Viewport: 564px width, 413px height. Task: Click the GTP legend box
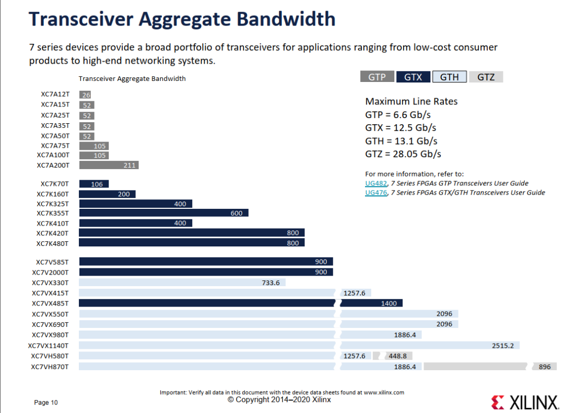click(x=377, y=77)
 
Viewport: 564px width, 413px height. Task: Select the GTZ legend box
click(x=486, y=77)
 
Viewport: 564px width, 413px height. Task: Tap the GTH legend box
click(x=449, y=77)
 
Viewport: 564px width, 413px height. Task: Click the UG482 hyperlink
click(x=376, y=183)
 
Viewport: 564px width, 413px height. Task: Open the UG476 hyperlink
click(x=376, y=193)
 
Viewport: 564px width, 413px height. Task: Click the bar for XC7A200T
click(x=109, y=165)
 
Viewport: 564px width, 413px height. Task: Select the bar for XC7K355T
click(x=163, y=213)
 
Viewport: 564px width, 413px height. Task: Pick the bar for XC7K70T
click(x=94, y=184)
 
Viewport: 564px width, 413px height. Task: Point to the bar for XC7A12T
click(x=85, y=95)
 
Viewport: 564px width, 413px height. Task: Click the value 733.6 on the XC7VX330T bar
click(x=271, y=283)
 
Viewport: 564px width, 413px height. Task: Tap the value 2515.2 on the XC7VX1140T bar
click(x=503, y=346)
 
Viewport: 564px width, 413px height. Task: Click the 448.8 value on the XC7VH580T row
click(x=397, y=356)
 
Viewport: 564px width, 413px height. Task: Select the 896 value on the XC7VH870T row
click(x=545, y=367)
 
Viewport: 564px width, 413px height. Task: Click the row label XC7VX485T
click(x=50, y=303)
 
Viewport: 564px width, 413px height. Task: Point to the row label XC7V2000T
click(x=50, y=273)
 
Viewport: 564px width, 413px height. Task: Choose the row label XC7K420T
click(x=52, y=233)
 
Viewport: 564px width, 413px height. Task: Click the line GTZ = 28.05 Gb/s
click(x=403, y=154)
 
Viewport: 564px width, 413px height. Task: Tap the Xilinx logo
click(x=524, y=402)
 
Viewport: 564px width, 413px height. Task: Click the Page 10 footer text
click(x=45, y=402)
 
